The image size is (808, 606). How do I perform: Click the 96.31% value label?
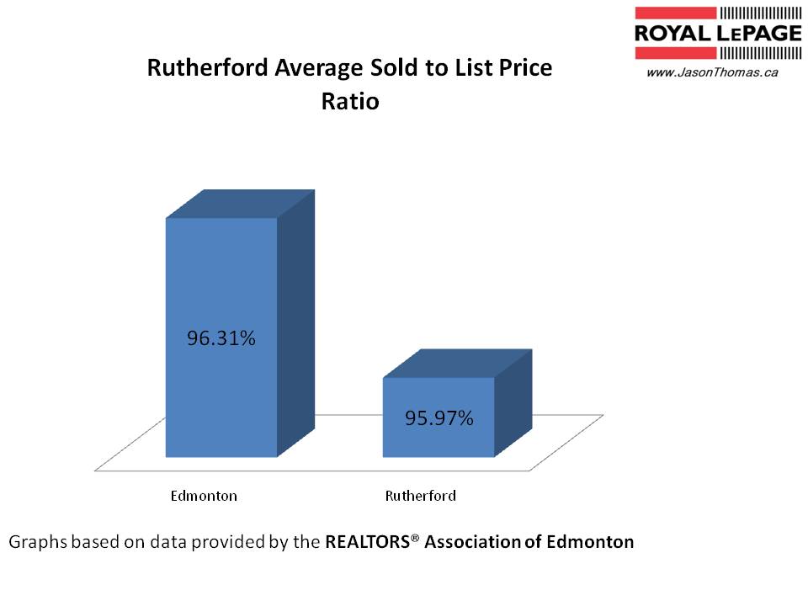pos(221,339)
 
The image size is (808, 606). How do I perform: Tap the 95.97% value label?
pos(438,417)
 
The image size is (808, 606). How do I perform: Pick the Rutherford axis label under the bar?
pos(420,496)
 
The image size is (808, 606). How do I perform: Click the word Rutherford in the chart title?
pos(198,68)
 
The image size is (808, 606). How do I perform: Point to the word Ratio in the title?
pos(350,102)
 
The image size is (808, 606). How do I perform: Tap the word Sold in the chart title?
pos(369,68)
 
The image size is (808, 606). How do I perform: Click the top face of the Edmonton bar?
pos(240,205)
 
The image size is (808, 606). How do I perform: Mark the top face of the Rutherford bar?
pos(457,364)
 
